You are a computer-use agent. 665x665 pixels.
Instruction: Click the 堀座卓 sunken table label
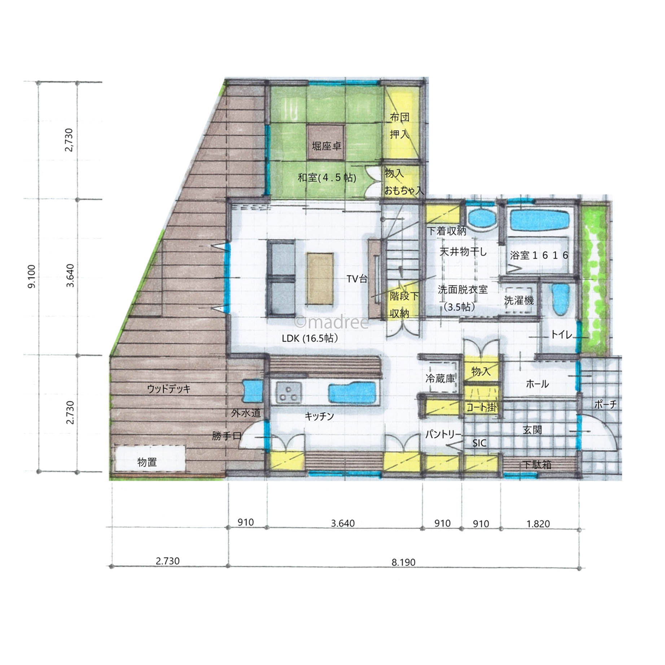pyautogui.click(x=327, y=146)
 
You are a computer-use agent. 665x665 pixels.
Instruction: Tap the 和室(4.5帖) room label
pyautogui.click(x=327, y=178)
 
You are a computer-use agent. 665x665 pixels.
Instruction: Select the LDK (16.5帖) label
pyautogui.click(x=310, y=338)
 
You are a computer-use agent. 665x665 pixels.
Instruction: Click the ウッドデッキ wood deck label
pyautogui.click(x=169, y=389)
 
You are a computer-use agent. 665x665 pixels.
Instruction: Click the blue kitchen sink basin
pyautogui.click(x=353, y=392)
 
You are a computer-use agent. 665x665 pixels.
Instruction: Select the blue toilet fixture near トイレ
pyautogui.click(x=560, y=299)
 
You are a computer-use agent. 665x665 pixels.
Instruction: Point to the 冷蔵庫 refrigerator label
pyautogui.click(x=440, y=379)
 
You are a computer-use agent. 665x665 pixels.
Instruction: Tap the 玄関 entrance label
pyautogui.click(x=532, y=430)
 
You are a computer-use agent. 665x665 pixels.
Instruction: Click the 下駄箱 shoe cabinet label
pyautogui.click(x=537, y=465)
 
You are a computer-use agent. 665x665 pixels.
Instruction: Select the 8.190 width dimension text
pyautogui.click(x=403, y=562)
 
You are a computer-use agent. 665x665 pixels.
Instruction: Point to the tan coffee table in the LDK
pyautogui.click(x=320, y=279)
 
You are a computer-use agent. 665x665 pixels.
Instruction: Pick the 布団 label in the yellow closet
pyautogui.click(x=399, y=117)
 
